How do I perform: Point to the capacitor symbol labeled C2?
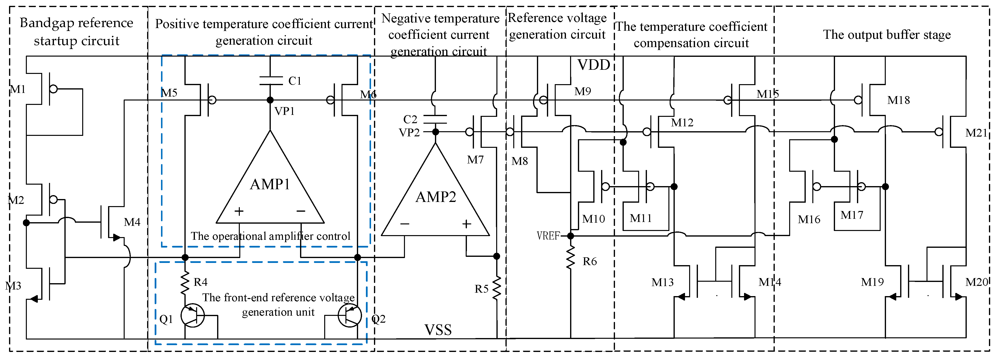[x=435, y=119]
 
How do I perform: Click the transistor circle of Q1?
[x=193, y=315]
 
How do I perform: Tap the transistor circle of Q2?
[x=350, y=315]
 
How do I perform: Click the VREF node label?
[x=548, y=235]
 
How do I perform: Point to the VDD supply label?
[x=594, y=65]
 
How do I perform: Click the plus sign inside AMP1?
[x=239, y=211]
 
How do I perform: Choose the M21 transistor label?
[x=977, y=133]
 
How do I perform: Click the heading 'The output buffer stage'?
[x=887, y=34]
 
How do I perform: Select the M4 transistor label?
[x=132, y=222]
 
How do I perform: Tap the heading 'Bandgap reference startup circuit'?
[x=77, y=32]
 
